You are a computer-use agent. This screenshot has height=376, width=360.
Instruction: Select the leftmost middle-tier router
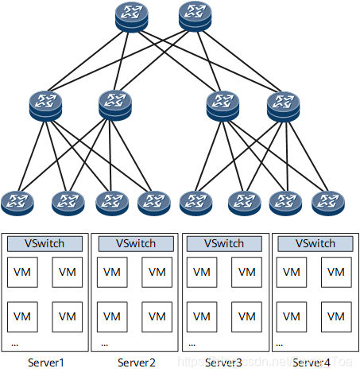click(x=45, y=105)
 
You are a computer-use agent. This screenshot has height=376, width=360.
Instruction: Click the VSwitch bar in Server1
click(x=45, y=243)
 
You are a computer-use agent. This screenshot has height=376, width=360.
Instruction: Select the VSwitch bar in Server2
click(x=135, y=243)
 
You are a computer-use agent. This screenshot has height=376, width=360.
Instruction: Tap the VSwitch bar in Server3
click(x=225, y=243)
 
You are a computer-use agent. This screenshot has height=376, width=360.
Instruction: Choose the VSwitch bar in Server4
click(x=315, y=243)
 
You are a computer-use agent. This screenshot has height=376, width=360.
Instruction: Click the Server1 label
click(x=46, y=363)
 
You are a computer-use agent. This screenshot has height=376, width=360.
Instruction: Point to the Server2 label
click(x=137, y=363)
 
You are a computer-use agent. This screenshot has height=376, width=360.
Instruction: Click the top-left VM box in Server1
click(x=22, y=273)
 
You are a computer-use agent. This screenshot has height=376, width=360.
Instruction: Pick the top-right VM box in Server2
click(x=157, y=273)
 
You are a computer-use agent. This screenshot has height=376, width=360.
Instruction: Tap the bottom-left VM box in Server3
click(x=203, y=316)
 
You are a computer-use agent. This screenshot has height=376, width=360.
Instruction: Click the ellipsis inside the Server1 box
click(x=15, y=343)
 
